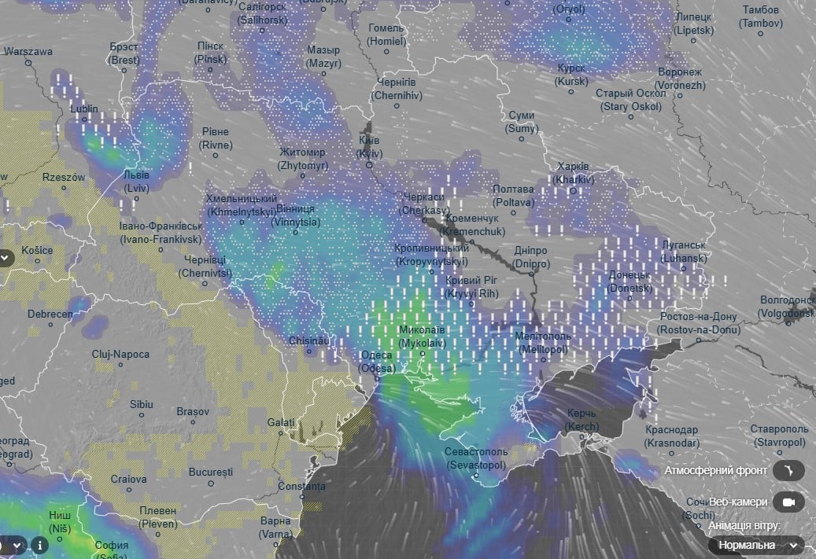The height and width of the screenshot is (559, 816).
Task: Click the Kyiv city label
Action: pyautogui.click(x=368, y=147)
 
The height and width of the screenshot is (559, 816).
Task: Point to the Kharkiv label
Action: pyautogui.click(x=572, y=173)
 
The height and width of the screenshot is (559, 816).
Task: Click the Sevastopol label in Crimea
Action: pyautogui.click(x=477, y=459)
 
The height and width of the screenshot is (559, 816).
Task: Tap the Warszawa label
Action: pyautogui.click(x=28, y=52)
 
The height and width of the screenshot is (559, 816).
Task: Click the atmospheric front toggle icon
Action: pyautogui.click(x=788, y=471)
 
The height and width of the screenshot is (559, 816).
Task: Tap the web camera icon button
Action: pyautogui.click(x=788, y=502)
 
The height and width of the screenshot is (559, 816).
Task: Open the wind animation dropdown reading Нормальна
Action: pyautogui.click(x=755, y=545)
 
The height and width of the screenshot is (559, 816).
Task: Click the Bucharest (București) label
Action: pyautogui.click(x=211, y=473)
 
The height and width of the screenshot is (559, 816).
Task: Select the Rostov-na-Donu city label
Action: pyautogui.click(x=698, y=323)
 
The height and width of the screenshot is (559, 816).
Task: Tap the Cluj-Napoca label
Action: pyautogui.click(x=120, y=355)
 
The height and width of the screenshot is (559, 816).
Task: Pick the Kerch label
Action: pyautogui.click(x=582, y=419)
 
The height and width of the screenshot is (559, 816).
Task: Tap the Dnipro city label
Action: pyautogui.click(x=530, y=257)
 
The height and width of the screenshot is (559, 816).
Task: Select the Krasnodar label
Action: pyautogui.click(x=671, y=436)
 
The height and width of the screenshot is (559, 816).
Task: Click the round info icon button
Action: pyautogui.click(x=39, y=545)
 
